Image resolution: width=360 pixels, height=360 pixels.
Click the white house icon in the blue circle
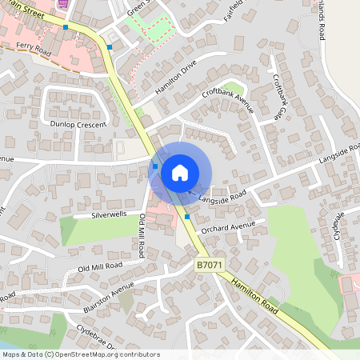pyautogui.click(x=180, y=172)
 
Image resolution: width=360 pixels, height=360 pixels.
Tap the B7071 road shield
pyautogui.click(x=206, y=262)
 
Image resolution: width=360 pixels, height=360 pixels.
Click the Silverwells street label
pyautogui.click(x=110, y=215)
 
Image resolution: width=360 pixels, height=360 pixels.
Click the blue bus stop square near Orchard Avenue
pyautogui.click(x=187, y=216)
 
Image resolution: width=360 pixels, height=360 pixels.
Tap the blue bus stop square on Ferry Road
pyautogui.click(x=66, y=27)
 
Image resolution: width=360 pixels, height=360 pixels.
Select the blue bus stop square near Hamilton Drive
pyautogui.click(x=110, y=47)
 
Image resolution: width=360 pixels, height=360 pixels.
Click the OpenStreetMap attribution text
pyautogui.click(x=81, y=354)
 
